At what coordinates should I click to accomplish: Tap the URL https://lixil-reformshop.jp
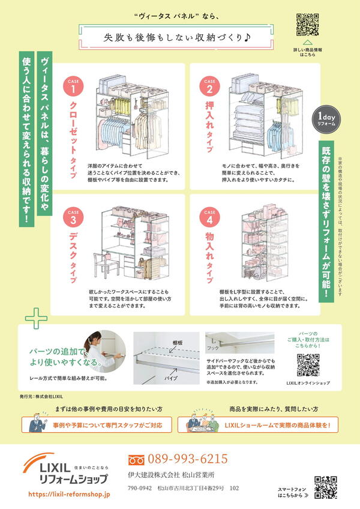pos(70,494)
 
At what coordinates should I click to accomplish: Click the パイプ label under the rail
pos(171,379)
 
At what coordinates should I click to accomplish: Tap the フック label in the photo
pos(213,348)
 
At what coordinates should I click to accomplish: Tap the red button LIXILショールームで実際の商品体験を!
pos(258,425)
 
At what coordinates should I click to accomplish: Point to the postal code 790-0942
pos(140,489)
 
